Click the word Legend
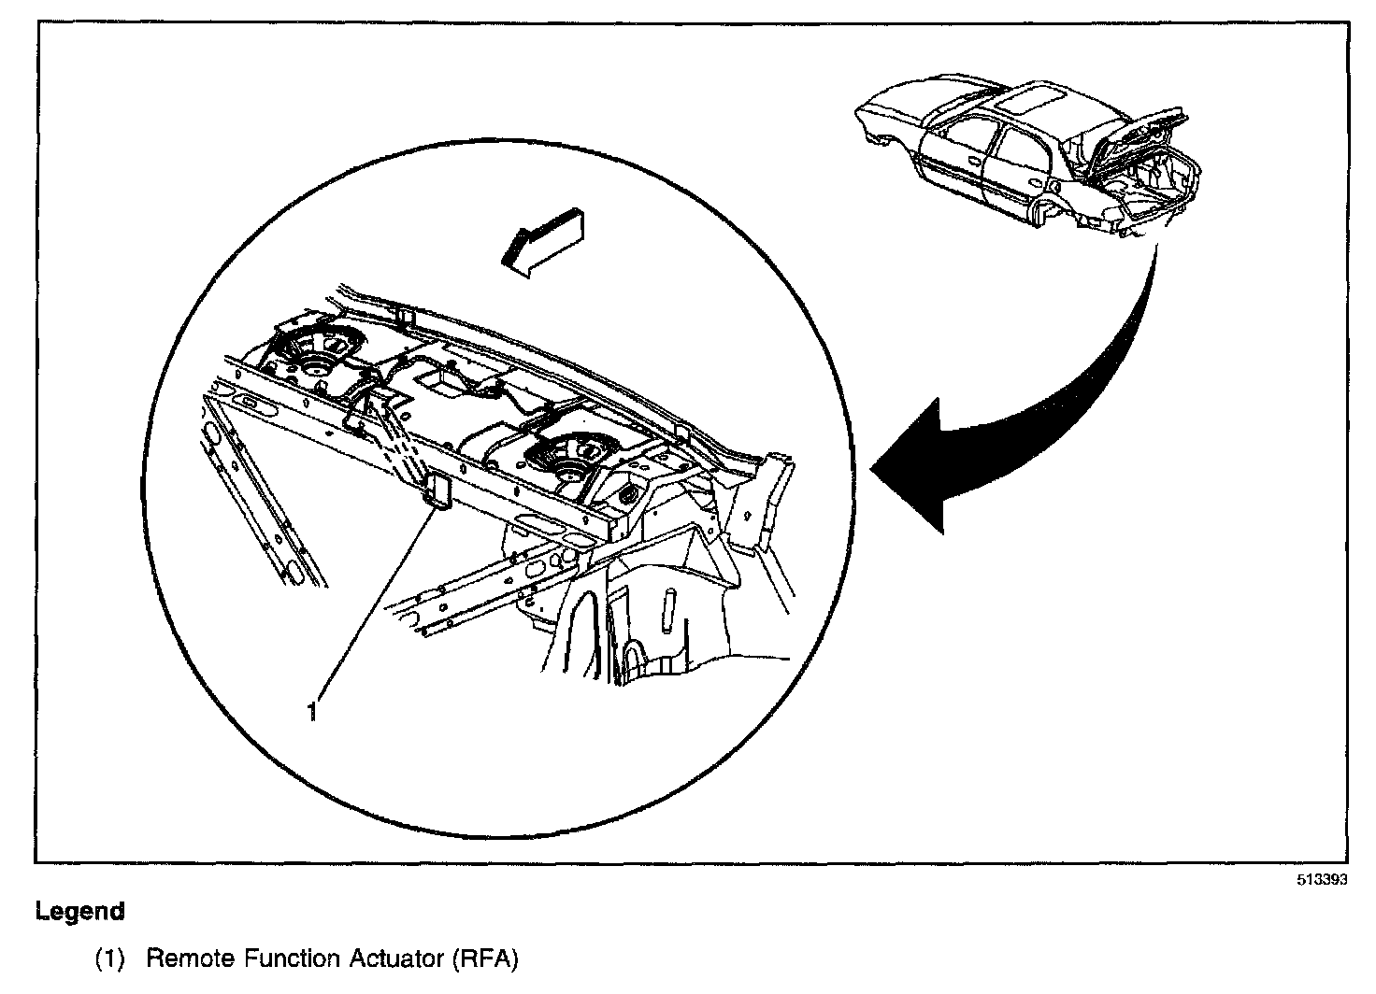click(x=79, y=911)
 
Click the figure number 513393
click(x=1322, y=881)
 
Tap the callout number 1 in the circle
click(x=311, y=712)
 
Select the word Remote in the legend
click(x=189, y=958)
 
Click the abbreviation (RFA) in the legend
click(x=483, y=958)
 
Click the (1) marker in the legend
click(x=109, y=958)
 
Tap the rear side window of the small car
click(x=1024, y=149)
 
